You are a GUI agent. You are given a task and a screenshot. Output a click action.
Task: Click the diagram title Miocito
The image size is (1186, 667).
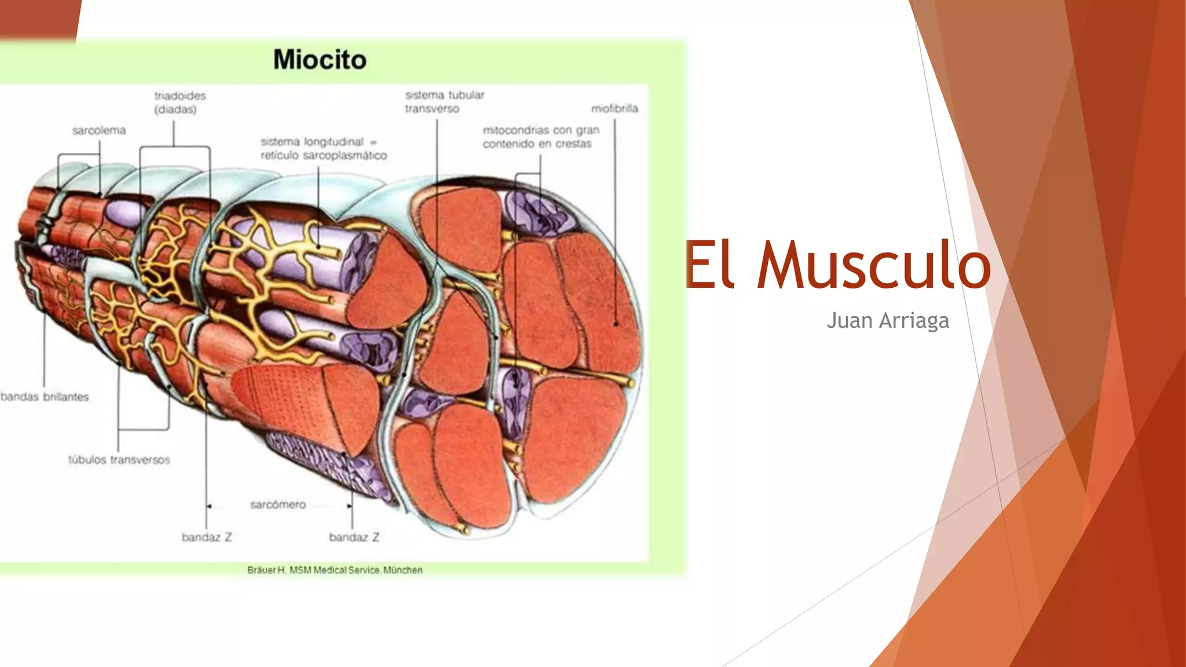tap(320, 60)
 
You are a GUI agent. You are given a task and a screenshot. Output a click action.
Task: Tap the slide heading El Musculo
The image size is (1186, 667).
tap(837, 265)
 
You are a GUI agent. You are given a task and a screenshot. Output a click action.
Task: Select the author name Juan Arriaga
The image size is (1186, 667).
tap(887, 320)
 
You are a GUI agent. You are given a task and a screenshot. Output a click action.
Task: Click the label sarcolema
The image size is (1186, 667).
tap(99, 131)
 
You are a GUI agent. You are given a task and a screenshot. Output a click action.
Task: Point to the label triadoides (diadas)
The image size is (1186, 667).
tap(180, 102)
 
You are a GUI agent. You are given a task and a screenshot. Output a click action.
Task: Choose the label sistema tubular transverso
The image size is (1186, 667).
tap(444, 102)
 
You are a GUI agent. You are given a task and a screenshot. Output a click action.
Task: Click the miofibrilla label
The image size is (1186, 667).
tap(614, 108)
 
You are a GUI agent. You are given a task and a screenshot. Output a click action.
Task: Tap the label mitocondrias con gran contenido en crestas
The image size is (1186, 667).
tap(541, 137)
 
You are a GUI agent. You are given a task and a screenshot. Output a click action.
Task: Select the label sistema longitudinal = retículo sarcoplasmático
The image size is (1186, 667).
tap(323, 148)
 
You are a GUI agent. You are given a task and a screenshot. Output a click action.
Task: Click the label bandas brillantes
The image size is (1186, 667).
tap(45, 397)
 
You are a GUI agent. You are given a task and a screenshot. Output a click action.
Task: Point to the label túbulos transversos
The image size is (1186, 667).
tap(119, 460)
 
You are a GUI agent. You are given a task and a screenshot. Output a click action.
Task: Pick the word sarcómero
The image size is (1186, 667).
tap(278, 505)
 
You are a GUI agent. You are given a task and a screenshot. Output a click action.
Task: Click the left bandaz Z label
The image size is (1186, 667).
tap(207, 537)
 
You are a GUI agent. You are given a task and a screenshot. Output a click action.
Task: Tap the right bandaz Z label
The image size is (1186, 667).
tap(354, 537)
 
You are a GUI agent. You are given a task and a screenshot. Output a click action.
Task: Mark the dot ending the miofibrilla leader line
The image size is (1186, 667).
tap(616, 324)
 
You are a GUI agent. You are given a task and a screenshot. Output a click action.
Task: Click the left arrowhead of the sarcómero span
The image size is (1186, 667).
tap(209, 506)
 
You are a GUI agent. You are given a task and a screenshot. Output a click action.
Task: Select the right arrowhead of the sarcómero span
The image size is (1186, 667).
tap(349, 506)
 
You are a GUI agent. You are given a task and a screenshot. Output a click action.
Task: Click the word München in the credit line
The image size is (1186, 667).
tap(403, 570)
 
